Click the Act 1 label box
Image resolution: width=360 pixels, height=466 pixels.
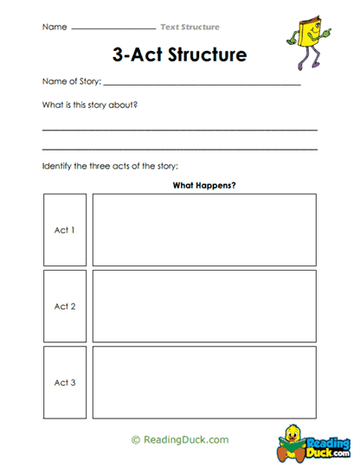coord(65,230)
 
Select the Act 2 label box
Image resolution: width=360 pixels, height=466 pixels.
coord(65,306)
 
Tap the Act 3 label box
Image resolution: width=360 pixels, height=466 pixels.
coord(65,382)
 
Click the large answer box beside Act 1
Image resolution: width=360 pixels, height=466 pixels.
coord(204,230)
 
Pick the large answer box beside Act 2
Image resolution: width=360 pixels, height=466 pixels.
coord(204,306)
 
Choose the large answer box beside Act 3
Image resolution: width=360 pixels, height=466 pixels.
coord(204,382)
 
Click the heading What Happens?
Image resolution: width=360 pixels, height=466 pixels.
coord(204,185)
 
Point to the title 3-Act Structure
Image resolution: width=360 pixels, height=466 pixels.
coord(179,54)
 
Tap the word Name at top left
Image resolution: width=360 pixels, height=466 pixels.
coord(54,27)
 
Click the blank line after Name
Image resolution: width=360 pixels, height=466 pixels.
coord(112,29)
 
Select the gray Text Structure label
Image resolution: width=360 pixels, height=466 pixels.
coord(190,27)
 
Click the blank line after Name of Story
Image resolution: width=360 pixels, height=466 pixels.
coord(202,85)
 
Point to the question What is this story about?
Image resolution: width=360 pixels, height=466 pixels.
coord(90,105)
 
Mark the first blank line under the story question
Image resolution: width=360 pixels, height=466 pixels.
coord(179,130)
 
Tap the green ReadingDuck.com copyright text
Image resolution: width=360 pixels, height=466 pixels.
coord(180,440)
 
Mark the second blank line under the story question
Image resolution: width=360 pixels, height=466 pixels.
coord(179,148)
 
